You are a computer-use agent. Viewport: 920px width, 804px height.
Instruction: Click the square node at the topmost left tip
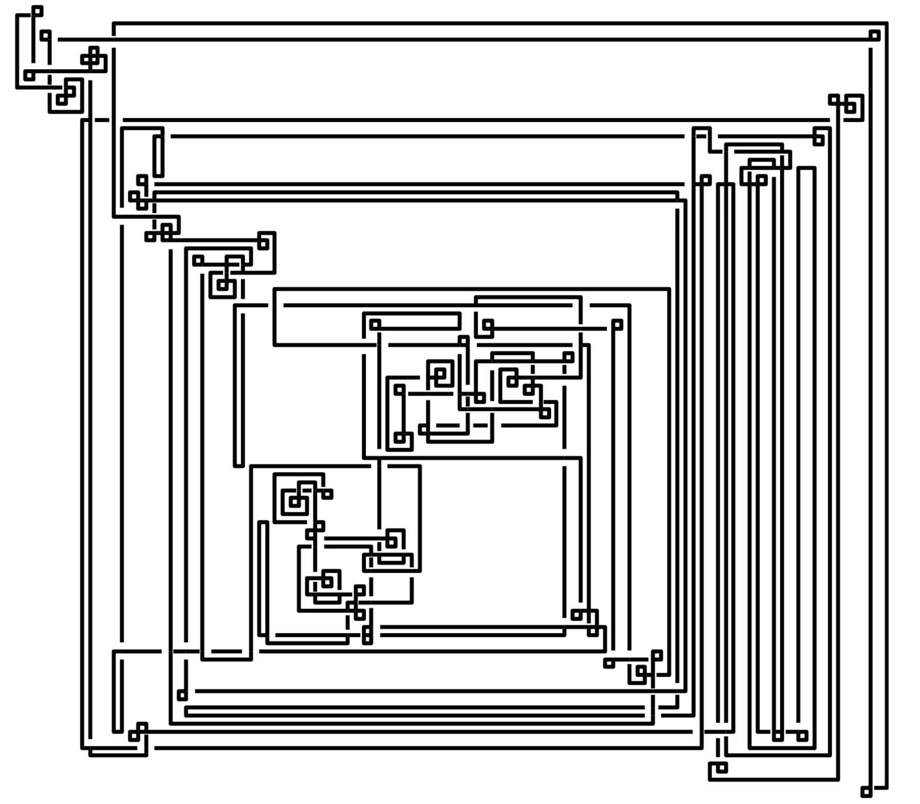[x=37, y=11]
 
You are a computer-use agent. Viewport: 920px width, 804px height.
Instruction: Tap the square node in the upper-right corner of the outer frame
[x=874, y=36]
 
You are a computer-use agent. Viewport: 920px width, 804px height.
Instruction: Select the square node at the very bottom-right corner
[x=866, y=791]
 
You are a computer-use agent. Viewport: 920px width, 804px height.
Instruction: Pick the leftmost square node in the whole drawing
[x=29, y=76]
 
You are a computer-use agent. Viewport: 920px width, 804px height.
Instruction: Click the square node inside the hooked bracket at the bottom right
[x=721, y=768]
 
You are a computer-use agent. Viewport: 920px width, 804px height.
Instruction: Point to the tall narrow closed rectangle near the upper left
[x=158, y=156]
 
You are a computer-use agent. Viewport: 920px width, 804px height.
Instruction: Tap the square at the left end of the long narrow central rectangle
[x=375, y=325]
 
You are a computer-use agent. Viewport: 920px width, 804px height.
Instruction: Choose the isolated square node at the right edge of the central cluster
[x=617, y=325]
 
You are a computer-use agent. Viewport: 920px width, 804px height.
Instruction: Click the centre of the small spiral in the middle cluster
[x=440, y=374]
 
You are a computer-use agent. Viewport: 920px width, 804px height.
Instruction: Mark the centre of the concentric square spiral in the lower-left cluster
[x=294, y=502]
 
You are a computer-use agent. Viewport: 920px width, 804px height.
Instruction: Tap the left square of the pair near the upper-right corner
[x=834, y=99]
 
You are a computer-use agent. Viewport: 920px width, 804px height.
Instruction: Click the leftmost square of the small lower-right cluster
[x=609, y=663]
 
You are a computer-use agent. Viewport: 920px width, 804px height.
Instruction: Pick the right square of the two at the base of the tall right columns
[x=802, y=736]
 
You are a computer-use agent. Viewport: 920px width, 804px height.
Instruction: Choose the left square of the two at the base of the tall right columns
[x=778, y=736]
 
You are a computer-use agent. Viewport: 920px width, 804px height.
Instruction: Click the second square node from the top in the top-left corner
[x=45, y=35]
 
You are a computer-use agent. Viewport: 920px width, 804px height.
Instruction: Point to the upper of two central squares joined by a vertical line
[x=399, y=389]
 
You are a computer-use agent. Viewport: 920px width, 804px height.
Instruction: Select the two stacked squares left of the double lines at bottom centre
[x=367, y=635]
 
